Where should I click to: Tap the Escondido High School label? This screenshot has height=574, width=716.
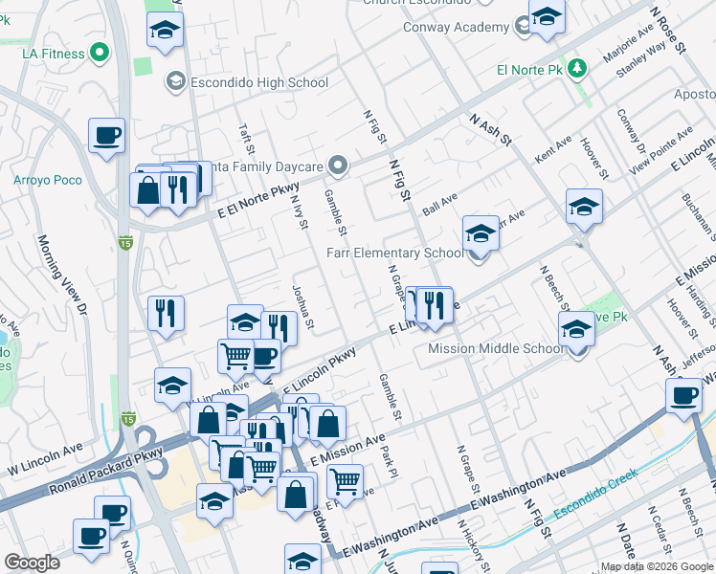[x=258, y=82]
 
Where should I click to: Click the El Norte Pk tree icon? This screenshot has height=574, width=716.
[x=576, y=69]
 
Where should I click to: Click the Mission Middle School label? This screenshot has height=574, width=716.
[x=496, y=348]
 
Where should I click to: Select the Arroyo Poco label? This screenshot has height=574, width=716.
[x=47, y=180]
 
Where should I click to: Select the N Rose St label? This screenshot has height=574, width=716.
[x=668, y=31]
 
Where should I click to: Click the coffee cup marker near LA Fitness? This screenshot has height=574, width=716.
[x=106, y=135]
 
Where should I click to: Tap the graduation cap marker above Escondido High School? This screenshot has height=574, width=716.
[x=165, y=30]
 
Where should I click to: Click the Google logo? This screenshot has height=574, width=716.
[x=32, y=563]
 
